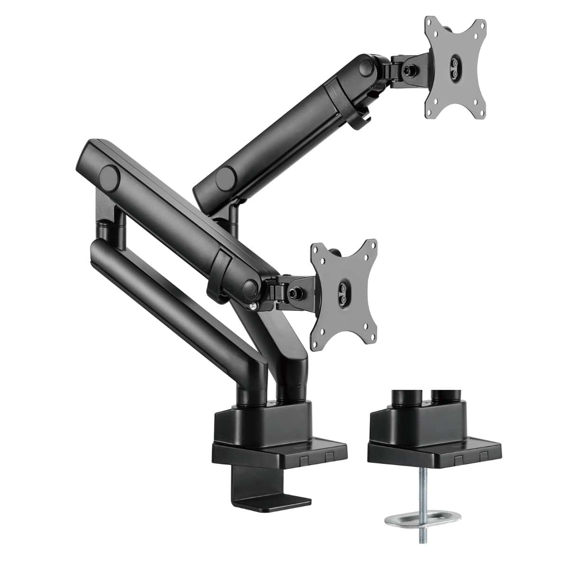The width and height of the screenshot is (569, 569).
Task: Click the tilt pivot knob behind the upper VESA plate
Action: (407, 70)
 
